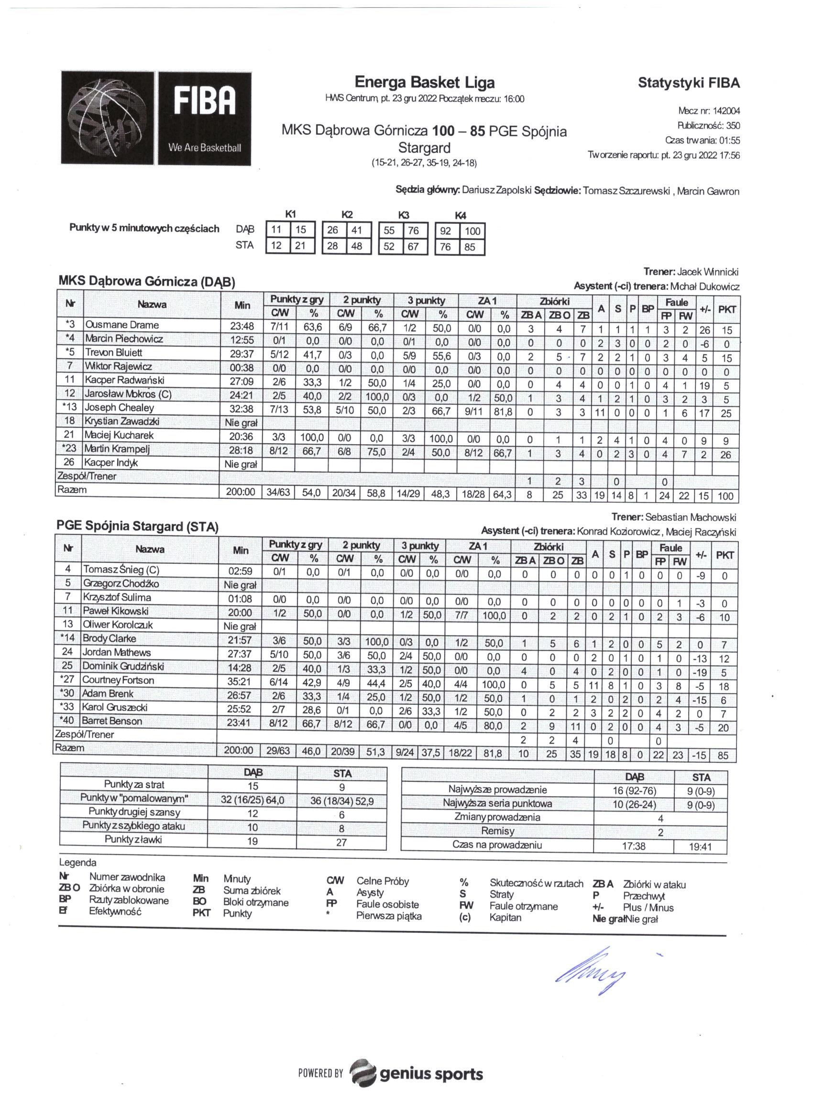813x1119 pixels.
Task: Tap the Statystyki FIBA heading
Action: click(689, 82)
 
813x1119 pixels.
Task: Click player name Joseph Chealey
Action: click(120, 407)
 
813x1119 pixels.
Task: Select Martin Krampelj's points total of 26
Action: click(725, 454)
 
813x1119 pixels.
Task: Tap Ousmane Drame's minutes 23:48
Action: click(242, 326)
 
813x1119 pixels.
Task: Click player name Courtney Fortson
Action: click(118, 680)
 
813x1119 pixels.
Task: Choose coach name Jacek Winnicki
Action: click(707, 272)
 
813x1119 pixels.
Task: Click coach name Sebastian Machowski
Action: click(691, 517)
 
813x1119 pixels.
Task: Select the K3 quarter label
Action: click(404, 215)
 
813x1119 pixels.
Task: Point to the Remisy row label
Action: click(497, 831)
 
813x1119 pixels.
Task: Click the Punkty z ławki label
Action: click(133, 839)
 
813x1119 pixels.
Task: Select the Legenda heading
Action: click(77, 862)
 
